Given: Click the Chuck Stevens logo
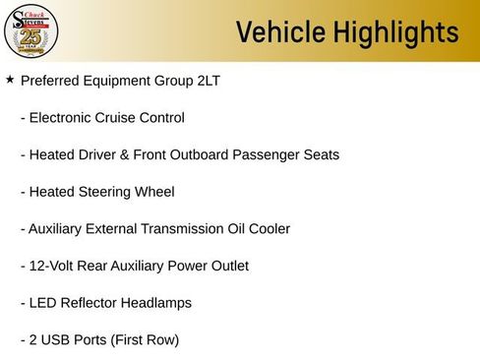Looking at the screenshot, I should (x=31, y=31).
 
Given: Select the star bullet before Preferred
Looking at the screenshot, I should (x=10, y=80).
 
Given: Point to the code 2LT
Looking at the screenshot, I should (x=205, y=81).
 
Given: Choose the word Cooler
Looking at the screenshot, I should (x=268, y=228).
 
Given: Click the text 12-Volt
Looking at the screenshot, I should (x=54, y=266).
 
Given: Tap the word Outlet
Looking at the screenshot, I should (x=226, y=266).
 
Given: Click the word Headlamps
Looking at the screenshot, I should (x=157, y=303).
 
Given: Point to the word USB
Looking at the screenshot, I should (x=56, y=340).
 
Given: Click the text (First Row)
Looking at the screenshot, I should (x=145, y=340).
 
